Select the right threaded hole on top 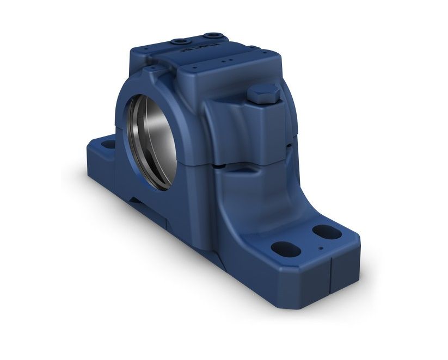pos(209,36)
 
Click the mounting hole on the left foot pos(109,145)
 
